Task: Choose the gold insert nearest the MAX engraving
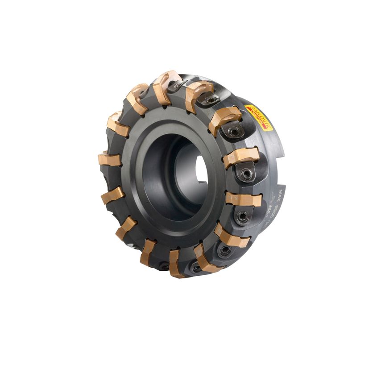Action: click(x=243, y=199)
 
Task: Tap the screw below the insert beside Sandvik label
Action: click(x=233, y=132)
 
